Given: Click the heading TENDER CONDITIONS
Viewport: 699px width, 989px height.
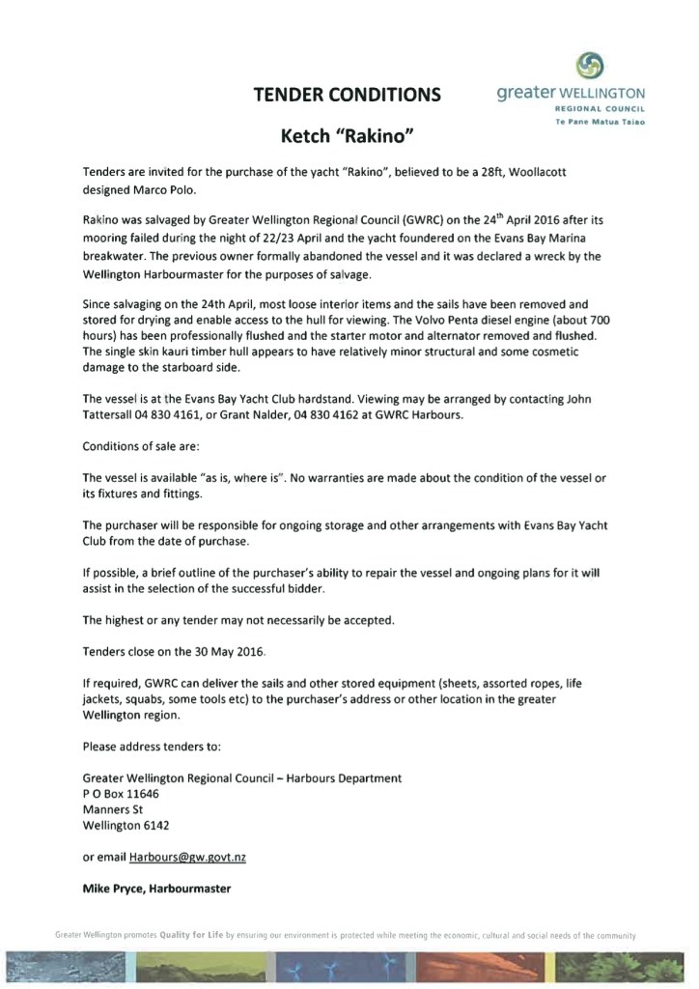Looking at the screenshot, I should point(347,95).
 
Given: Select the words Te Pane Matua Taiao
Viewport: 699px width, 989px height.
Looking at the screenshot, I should point(600,123).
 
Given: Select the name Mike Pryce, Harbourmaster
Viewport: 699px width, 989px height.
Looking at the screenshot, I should point(156,888).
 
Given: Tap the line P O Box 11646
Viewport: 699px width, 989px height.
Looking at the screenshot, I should point(121,793).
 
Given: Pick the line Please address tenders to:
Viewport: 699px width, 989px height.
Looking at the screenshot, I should point(153,747).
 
